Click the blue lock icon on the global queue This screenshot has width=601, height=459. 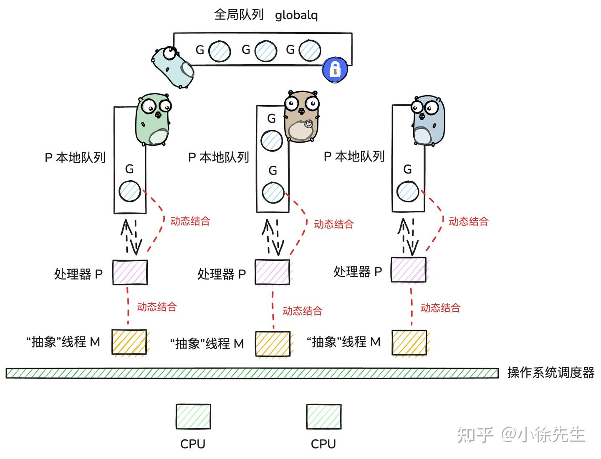pos(335,69)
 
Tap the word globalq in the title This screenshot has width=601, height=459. pos(296,15)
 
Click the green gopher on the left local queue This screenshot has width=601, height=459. pos(153,120)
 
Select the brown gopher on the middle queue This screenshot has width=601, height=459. pos(302,117)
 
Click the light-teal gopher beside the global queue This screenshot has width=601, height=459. pos(173,67)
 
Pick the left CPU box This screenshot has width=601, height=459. pos(193,416)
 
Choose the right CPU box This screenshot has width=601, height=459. pos(324,416)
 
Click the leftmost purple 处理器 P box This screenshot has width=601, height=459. pos(130,272)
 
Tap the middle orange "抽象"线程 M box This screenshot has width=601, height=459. pos(273,344)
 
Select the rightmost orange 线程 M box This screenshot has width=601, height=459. pos(409,343)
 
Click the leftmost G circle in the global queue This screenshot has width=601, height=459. pos(220,51)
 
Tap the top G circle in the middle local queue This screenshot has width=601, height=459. pos(272,140)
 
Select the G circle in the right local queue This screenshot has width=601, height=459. pos(408,192)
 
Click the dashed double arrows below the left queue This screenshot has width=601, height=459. pos(131,237)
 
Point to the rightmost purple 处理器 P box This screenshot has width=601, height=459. pos(409,270)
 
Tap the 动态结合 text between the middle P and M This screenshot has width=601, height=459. pos(302,311)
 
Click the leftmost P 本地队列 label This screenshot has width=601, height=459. pos(75,158)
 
